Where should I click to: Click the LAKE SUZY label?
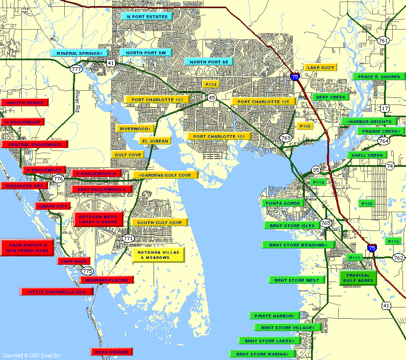click(x=320, y=67)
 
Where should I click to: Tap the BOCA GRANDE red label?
click(x=112, y=352)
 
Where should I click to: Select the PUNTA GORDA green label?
click(x=283, y=203)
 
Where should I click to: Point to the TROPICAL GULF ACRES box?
click(x=357, y=278)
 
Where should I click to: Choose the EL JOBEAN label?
click(x=155, y=141)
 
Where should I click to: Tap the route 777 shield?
click(x=77, y=69)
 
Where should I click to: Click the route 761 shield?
click(x=383, y=40)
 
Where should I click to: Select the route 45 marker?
click(x=212, y=97)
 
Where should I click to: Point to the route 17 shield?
click(x=385, y=108)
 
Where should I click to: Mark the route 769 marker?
click(x=286, y=138)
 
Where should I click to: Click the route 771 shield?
click(x=128, y=239)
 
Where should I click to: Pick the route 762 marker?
click(x=398, y=258)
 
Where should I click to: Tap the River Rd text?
click(x=78, y=101)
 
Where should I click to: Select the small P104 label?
click(x=211, y=84)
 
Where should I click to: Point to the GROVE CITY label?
click(x=52, y=206)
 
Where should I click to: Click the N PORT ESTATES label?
click(x=147, y=17)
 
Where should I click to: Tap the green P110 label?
click(x=394, y=241)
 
